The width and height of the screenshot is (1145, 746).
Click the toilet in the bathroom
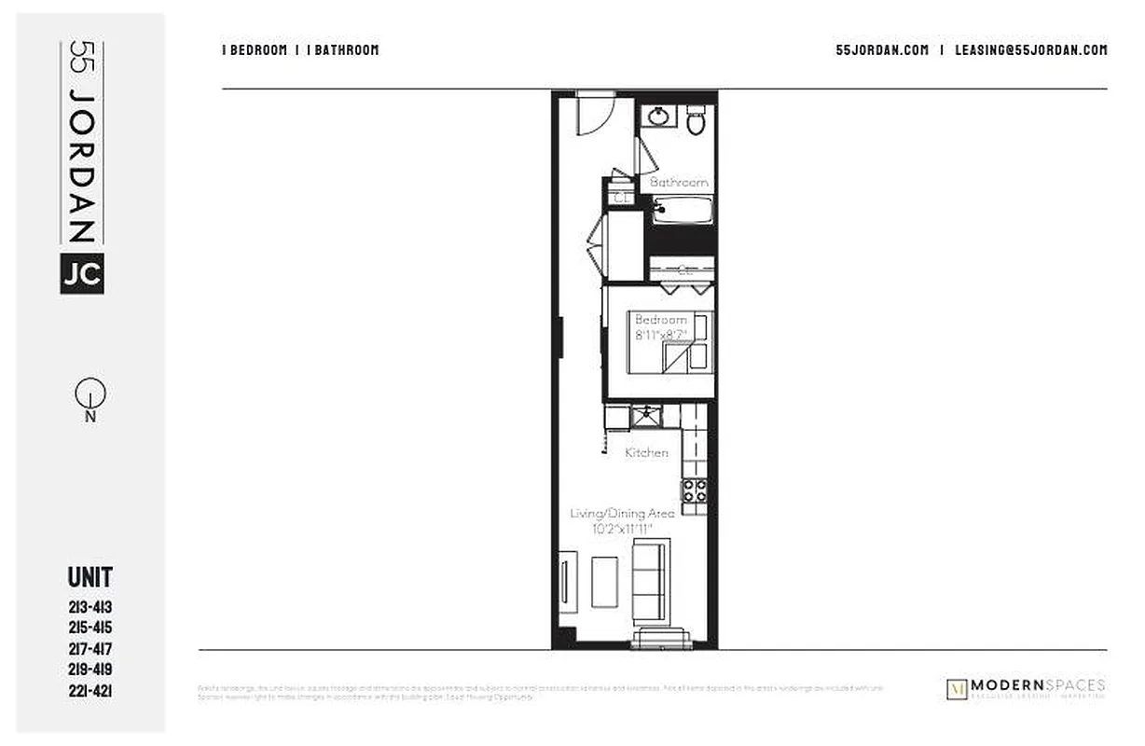[x=696, y=120]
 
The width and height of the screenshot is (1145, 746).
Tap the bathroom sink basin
[x=660, y=117]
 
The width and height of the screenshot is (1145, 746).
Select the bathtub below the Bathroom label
[x=681, y=210]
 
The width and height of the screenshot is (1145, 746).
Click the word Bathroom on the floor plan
[x=679, y=183]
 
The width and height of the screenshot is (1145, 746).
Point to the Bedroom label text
[x=660, y=320]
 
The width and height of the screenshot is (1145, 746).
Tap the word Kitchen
[x=646, y=452]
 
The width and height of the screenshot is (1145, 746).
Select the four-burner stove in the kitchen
[x=695, y=490]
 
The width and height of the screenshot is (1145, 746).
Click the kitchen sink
[x=643, y=416]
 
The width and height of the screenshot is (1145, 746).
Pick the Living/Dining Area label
[x=622, y=513]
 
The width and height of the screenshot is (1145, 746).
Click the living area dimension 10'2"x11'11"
[x=622, y=529]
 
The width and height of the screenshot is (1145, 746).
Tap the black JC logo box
[x=82, y=273]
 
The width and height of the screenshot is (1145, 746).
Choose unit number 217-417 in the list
[x=90, y=649]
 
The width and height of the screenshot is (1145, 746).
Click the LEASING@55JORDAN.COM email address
[x=1030, y=50]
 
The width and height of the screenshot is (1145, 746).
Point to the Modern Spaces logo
[x=1025, y=688]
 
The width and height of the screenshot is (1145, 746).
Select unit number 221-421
[x=90, y=691]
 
